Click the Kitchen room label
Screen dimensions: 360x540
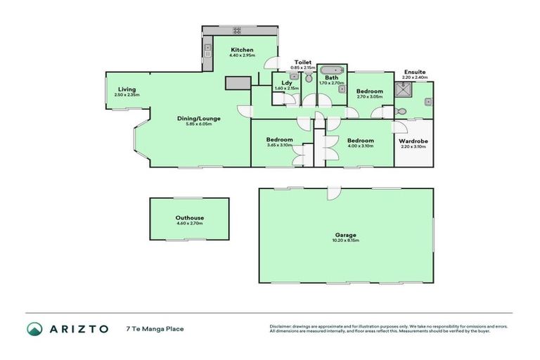[x=242, y=49]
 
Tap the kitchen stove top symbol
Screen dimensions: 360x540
[x=237, y=30]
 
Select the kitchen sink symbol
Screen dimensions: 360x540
[x=207, y=49]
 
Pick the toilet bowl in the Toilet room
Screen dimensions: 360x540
[x=308, y=79]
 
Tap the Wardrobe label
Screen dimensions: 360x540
[x=413, y=140]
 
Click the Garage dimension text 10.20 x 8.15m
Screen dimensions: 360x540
[x=346, y=240]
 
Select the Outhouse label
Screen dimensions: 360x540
[x=189, y=218]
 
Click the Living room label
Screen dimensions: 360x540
[x=127, y=89]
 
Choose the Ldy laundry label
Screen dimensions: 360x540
[x=286, y=83]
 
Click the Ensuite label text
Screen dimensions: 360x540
[x=415, y=72]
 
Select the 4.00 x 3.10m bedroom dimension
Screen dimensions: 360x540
[x=360, y=146]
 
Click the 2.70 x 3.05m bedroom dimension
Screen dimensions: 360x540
[x=370, y=97]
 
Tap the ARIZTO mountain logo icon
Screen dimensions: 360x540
[x=34, y=328]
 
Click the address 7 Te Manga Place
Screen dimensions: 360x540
[x=155, y=328]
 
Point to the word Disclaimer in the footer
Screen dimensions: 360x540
[x=282, y=326]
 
